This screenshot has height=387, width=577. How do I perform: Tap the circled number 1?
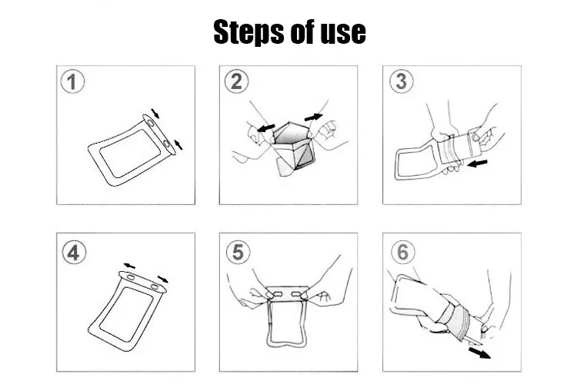coord(72,81)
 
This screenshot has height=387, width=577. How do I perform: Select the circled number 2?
coord(236,81)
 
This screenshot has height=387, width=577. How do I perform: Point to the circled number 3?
coord(402,81)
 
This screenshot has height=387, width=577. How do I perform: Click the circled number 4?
coord(74,253)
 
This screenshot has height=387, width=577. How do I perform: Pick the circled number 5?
coord(238,252)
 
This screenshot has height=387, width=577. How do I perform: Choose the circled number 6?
coord(403,252)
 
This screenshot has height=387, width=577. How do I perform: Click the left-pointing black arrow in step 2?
coord(265,127)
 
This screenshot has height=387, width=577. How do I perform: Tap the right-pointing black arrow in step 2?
coord(314,117)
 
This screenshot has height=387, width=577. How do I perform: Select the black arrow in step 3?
coord(477,163)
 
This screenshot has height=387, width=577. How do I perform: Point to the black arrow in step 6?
coord(479,353)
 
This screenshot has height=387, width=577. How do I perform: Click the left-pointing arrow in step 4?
coord(129,266)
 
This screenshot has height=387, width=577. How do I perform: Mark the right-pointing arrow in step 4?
coord(162,279)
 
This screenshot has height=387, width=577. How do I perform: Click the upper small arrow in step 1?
coord(155,114)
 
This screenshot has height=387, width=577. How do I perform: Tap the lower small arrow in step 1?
coord(178,144)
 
